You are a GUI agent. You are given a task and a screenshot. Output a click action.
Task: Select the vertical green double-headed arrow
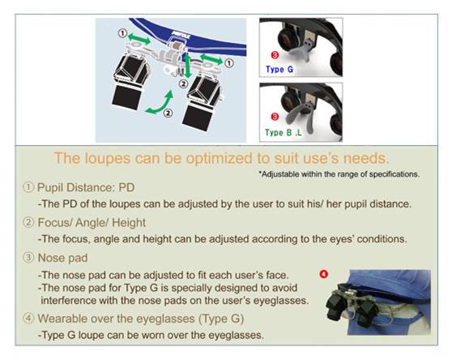[188, 66]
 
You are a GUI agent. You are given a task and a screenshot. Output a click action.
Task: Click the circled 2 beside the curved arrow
[168, 113]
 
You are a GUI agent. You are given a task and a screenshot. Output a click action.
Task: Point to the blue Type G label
[279, 69]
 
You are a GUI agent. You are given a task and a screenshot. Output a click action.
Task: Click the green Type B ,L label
[283, 132]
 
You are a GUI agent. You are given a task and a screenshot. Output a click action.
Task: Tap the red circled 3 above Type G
[275, 54]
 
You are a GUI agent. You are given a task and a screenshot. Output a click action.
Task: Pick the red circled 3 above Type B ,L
[275, 117]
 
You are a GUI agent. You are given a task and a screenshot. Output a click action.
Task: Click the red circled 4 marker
[324, 274]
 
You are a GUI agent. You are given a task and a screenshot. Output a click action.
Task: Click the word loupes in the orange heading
[108, 158]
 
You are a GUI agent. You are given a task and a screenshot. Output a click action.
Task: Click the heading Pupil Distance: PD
[86, 188]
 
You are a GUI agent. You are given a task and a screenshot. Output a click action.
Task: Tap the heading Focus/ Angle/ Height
[92, 223]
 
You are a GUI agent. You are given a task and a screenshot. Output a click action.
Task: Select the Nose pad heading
[62, 258]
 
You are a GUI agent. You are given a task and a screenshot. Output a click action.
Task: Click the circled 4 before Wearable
[28, 318]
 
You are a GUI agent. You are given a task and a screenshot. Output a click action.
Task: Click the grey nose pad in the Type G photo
[306, 50]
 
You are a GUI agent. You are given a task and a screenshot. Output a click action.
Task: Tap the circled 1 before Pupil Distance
[28, 187]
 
